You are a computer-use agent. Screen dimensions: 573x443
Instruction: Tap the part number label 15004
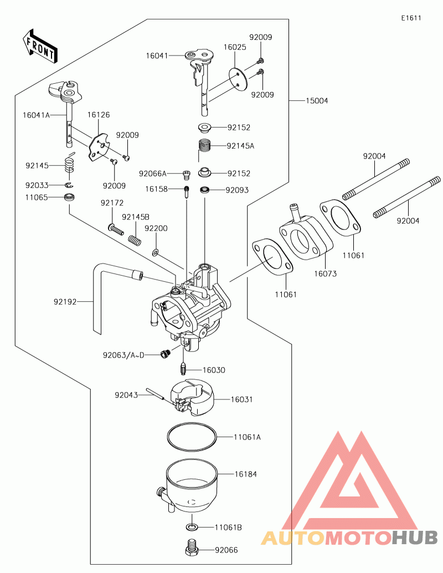tap(317, 101)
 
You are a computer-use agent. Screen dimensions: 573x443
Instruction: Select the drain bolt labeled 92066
tap(192, 547)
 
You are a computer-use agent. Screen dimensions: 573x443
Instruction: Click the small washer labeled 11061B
tap(192, 526)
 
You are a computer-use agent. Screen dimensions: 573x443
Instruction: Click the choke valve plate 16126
tap(98, 146)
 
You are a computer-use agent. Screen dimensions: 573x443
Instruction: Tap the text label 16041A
tap(36, 115)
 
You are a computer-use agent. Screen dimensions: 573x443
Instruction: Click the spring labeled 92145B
tap(133, 240)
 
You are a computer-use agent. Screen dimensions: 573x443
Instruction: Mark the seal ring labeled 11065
tap(70, 197)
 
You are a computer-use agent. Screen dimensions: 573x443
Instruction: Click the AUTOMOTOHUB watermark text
tap(349, 537)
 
